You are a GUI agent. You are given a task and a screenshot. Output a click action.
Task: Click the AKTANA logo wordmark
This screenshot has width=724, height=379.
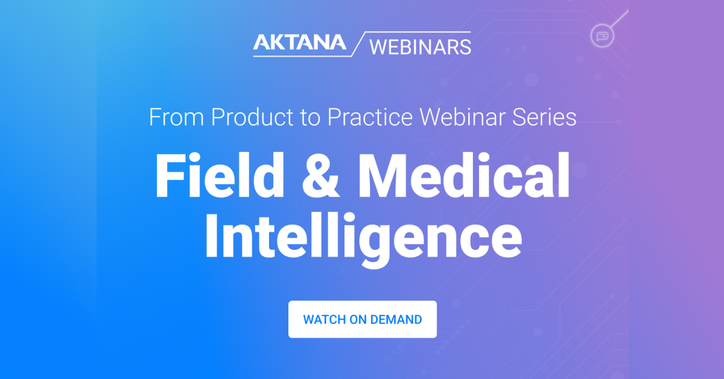[300, 42]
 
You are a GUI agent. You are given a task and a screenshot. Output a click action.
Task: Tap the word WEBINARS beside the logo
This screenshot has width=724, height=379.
[420, 47]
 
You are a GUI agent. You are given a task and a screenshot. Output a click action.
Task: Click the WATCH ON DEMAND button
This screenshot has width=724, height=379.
[363, 319]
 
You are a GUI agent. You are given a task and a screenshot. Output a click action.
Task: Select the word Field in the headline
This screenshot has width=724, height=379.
[220, 175]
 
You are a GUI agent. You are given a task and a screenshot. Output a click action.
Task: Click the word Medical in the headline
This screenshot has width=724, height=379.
[464, 175]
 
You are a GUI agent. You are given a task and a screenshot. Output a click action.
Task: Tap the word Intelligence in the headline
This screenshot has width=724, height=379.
[363, 240]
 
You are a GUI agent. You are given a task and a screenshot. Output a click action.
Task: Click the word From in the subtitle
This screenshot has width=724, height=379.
[176, 116]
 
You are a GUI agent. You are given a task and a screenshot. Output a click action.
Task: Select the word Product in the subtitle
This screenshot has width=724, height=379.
[252, 116]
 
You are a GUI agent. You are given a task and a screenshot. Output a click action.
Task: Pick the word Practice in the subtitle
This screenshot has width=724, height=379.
[370, 116]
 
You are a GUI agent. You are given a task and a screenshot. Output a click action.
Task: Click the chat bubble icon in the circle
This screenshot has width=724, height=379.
[602, 36]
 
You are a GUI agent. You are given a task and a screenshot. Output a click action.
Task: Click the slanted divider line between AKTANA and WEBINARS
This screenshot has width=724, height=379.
[358, 44]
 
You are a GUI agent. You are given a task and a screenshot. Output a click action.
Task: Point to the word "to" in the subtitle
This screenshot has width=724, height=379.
[310, 118]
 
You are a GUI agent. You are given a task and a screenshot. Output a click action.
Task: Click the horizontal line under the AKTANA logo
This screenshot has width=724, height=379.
[302, 56]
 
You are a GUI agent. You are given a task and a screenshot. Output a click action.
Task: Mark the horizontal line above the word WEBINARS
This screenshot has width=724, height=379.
[418, 32]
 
